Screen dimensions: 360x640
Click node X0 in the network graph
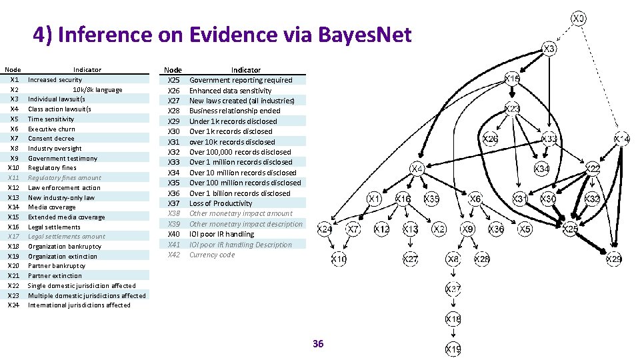579,18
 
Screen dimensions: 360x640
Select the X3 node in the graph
549,49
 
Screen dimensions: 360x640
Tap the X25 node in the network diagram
570,229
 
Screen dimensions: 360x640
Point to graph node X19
453,349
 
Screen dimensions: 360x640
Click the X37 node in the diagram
453,289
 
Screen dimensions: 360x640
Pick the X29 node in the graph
613,259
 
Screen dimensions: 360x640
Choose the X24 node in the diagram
325,229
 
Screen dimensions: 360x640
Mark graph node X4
417,169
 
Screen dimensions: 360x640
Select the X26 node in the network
490,139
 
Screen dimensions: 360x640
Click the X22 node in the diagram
593,169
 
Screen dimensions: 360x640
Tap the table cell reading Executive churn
51,129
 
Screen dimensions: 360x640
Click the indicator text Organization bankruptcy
65,247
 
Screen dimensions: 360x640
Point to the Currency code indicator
212,255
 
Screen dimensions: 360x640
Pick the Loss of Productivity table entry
221,203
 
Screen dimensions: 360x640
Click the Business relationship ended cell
235,111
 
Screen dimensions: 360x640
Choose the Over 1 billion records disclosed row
240,193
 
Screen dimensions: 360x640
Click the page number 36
318,344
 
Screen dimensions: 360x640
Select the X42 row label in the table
174,255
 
